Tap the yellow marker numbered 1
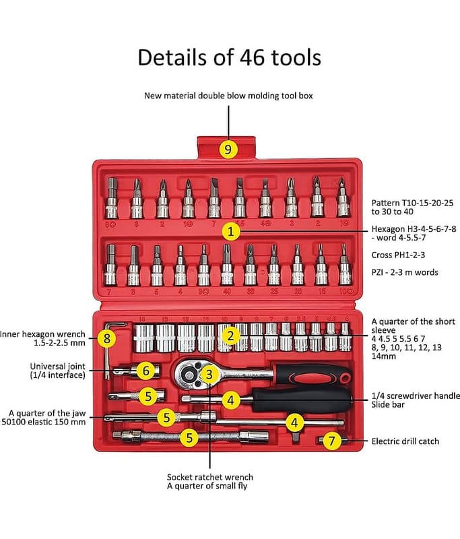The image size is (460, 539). (x=230, y=231)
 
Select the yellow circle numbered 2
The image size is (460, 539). (x=230, y=335)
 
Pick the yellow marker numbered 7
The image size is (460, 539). (x=331, y=441)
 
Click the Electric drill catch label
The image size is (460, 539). (x=405, y=441)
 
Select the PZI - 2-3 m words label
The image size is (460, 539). (x=405, y=272)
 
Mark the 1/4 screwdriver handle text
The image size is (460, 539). (x=411, y=396)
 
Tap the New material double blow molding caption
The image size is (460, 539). (x=228, y=96)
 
